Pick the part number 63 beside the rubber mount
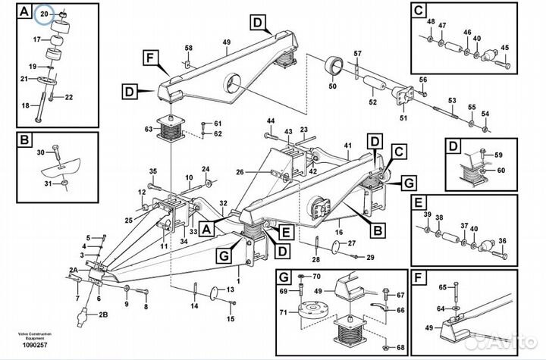[x=149, y=130]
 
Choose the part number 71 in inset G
[x=283, y=312]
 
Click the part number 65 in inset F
[x=443, y=286]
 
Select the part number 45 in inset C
[x=504, y=47]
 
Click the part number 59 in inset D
[x=498, y=155]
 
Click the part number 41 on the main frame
[x=348, y=145]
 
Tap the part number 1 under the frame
[x=237, y=282]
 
